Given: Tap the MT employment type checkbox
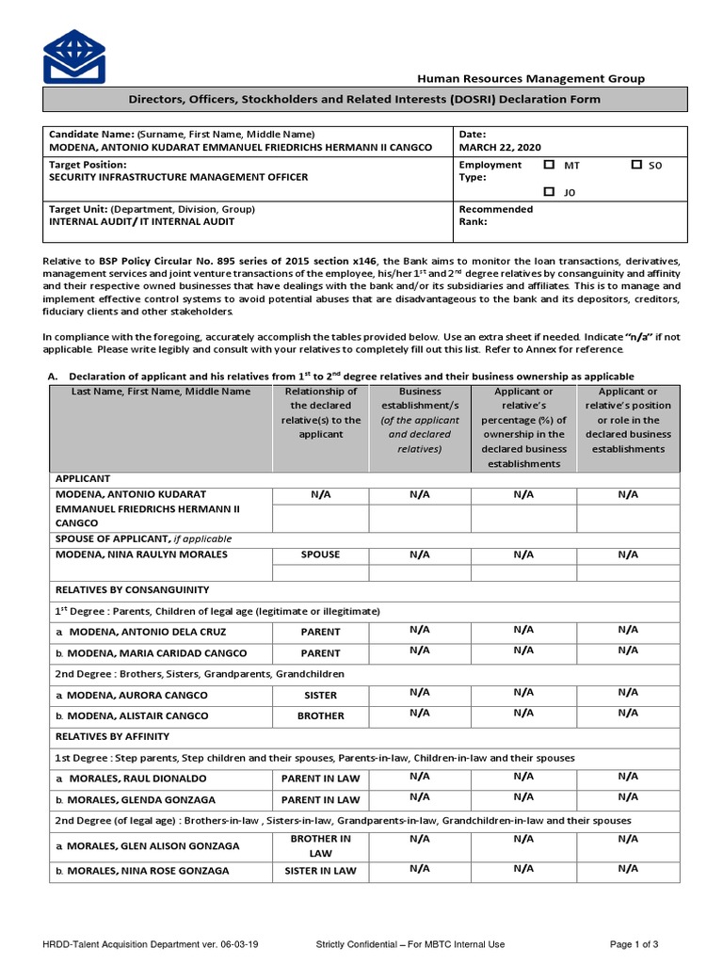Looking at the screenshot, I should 549,165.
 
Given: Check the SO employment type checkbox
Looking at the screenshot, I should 636,165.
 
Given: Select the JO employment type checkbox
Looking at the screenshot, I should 549,191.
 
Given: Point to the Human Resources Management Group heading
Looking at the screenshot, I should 531,79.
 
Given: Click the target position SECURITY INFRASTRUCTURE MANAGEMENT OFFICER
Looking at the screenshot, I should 178,177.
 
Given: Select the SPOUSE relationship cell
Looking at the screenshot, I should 320,554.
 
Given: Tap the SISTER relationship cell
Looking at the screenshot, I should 320,695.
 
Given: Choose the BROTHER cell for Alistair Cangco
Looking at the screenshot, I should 320,715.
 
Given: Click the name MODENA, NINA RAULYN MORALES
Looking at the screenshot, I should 141,554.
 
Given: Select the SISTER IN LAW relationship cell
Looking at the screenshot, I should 320,871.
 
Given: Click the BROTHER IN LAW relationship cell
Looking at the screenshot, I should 320,844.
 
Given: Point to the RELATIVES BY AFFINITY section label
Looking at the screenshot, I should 112,736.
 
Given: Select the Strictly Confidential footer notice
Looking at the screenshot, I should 410,944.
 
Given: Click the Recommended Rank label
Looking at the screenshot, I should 495,216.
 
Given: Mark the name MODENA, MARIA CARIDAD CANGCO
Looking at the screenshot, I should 151,652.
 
